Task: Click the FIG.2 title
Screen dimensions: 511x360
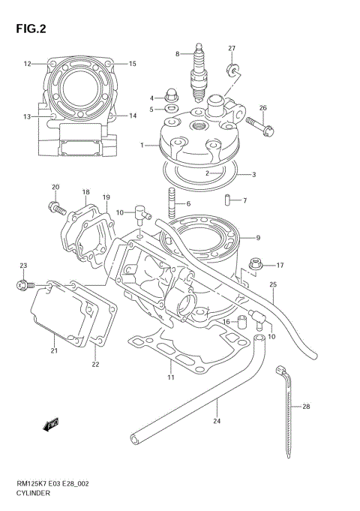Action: click(30, 29)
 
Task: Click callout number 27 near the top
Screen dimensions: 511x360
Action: click(232, 49)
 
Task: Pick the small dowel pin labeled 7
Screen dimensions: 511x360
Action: click(225, 200)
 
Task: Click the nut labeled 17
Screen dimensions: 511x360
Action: click(256, 265)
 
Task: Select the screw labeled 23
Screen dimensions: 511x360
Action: click(22, 284)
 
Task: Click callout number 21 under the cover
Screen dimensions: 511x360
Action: click(53, 351)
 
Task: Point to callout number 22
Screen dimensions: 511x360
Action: click(95, 365)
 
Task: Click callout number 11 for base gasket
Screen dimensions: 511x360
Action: click(170, 377)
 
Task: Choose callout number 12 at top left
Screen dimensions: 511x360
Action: click(27, 64)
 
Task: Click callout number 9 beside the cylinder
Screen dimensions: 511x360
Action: click(258, 238)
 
